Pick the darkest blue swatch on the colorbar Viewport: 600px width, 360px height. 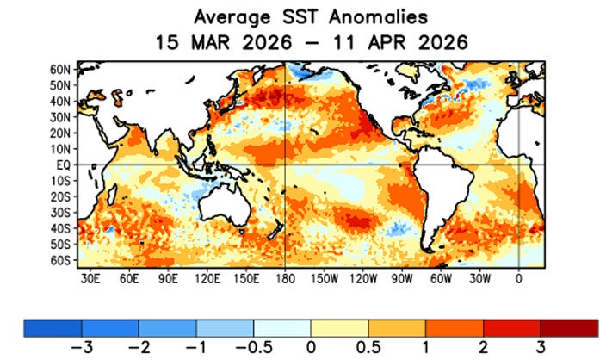[52, 327]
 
